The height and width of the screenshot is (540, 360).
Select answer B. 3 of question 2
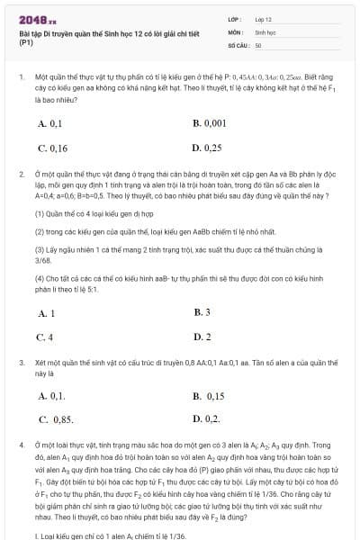click(x=202, y=312)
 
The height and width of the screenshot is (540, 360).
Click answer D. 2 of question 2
click(x=202, y=337)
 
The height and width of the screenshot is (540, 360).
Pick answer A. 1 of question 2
click(x=46, y=312)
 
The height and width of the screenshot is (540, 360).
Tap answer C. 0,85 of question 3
click(x=56, y=418)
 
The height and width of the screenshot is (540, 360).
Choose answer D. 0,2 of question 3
click(x=206, y=418)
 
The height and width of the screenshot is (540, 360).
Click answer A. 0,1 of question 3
click(x=51, y=395)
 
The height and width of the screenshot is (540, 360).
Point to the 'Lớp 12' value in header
click(x=263, y=18)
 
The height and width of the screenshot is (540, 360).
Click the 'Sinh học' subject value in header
click(x=265, y=31)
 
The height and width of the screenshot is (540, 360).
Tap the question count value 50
click(x=258, y=43)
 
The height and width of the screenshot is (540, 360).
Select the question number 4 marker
click(x=21, y=445)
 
